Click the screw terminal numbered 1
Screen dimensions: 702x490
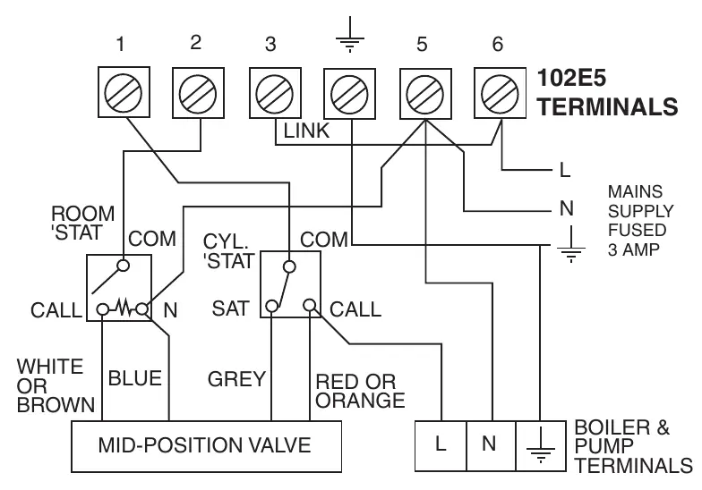[124, 92]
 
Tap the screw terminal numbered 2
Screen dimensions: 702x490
[199, 93]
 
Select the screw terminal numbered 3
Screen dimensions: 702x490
[275, 93]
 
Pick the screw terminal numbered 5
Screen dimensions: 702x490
[425, 94]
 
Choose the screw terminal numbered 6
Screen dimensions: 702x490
[500, 93]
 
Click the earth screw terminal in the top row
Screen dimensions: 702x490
[349, 94]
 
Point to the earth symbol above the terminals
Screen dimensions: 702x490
[349, 35]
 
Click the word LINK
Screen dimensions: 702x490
[306, 131]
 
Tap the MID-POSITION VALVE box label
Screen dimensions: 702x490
[204, 445]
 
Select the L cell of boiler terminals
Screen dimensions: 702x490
[441, 445]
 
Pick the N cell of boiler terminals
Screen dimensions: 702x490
[491, 445]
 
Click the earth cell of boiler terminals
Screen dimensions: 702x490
[541, 445]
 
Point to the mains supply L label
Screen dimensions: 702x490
[565, 170]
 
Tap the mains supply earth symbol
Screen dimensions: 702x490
[571, 245]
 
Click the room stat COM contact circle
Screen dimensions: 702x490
[124, 266]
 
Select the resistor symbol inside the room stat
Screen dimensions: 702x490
[123, 308]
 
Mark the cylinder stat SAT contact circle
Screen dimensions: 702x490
[272, 306]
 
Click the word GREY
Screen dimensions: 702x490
[236, 379]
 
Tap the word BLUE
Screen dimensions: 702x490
[134, 378]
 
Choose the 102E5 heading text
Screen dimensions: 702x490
[571, 78]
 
